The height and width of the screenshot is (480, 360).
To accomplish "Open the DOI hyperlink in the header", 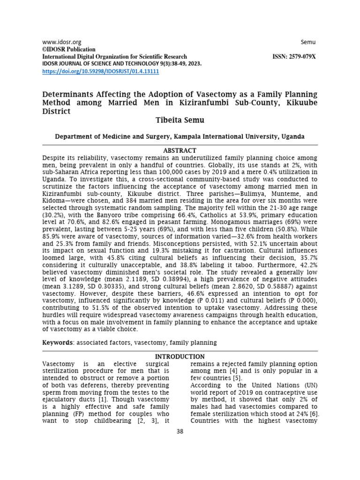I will coord(101,71).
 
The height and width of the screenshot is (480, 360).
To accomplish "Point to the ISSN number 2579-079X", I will coord(294,57).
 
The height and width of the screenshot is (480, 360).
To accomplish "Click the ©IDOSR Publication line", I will coord(69,49).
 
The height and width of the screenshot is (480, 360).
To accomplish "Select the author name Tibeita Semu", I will coord(180,120).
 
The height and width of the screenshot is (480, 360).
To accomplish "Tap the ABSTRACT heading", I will coord(180,150).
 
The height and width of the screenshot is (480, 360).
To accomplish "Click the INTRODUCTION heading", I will coord(180,357).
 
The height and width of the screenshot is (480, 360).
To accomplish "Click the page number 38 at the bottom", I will coord(180,432).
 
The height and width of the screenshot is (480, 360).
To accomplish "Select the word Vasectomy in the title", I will coord(194,94).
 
